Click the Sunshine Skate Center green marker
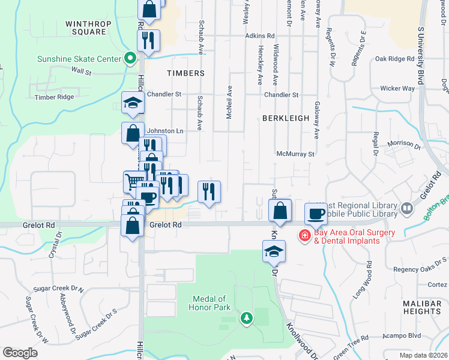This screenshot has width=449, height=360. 129,59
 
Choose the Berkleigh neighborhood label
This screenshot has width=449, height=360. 285,119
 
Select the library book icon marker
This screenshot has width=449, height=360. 408,208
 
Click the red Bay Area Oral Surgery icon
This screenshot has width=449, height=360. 305,235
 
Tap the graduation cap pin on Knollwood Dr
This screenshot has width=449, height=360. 274,251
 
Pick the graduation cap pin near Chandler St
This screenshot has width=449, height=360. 133,103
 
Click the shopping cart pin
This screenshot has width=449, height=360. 134,181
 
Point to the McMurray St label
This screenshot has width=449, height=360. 295,154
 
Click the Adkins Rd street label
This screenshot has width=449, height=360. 259,36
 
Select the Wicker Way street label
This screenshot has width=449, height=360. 397,88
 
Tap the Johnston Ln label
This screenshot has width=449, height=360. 165,131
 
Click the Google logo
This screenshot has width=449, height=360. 20,353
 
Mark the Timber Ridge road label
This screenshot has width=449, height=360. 54,97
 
